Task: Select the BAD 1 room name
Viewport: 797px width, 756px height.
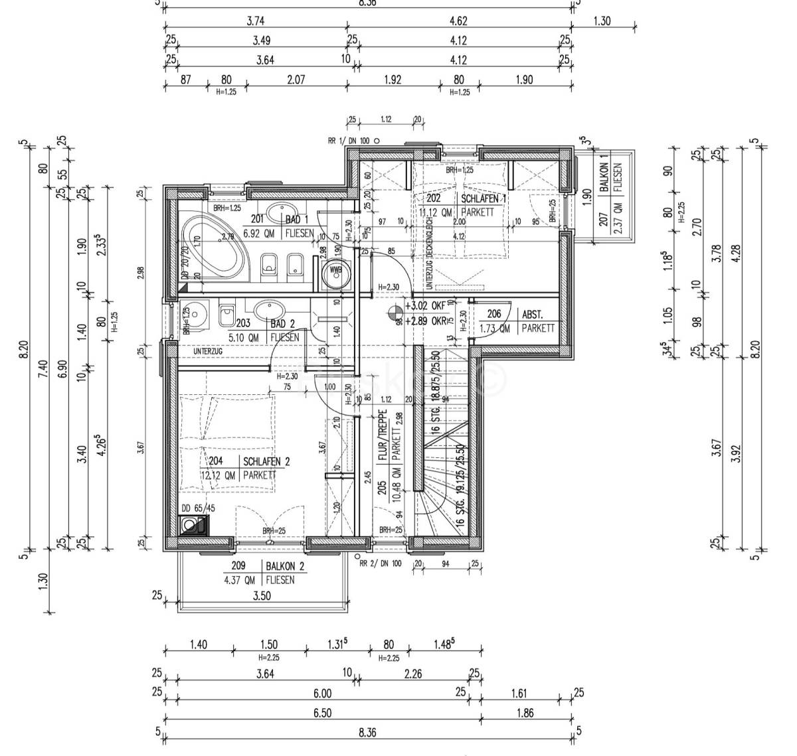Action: (297, 220)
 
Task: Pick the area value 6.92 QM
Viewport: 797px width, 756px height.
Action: (260, 233)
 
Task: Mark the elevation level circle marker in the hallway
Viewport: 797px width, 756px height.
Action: (395, 310)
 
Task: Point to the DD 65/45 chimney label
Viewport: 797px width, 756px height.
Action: (198, 508)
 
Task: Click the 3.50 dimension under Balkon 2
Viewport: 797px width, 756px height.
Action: (262, 596)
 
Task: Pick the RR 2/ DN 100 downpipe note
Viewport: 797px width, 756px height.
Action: (380, 564)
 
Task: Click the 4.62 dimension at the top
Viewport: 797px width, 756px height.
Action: (459, 21)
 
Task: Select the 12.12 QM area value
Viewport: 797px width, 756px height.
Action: (219, 475)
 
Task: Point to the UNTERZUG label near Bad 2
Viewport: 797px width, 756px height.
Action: (207, 350)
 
